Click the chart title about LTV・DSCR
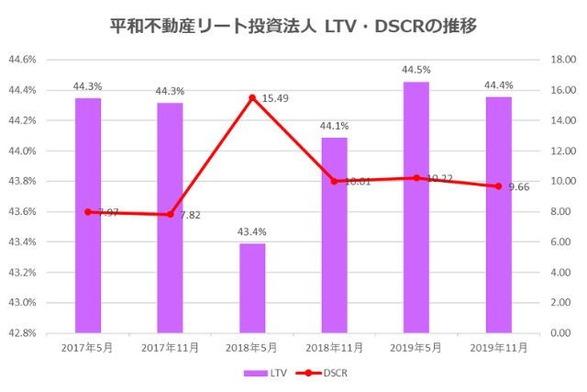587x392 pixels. pos(293,25)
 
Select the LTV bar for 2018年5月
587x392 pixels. pos(252,287)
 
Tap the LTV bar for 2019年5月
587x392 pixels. pos(416,207)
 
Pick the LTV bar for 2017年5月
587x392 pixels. pos(88,215)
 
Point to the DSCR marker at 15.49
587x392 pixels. pos(252,97)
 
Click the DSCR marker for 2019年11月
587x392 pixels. pos(499,186)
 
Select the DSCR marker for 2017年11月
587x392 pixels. pos(170,214)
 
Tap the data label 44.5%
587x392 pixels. pos(416,70)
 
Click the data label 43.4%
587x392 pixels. pos(252,231)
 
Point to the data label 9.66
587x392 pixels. pos(520,186)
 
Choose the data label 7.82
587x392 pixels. pos(192,215)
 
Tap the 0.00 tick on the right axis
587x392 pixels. pos(560,332)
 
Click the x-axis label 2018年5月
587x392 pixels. pos(252,348)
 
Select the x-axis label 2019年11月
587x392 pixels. pos(499,348)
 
